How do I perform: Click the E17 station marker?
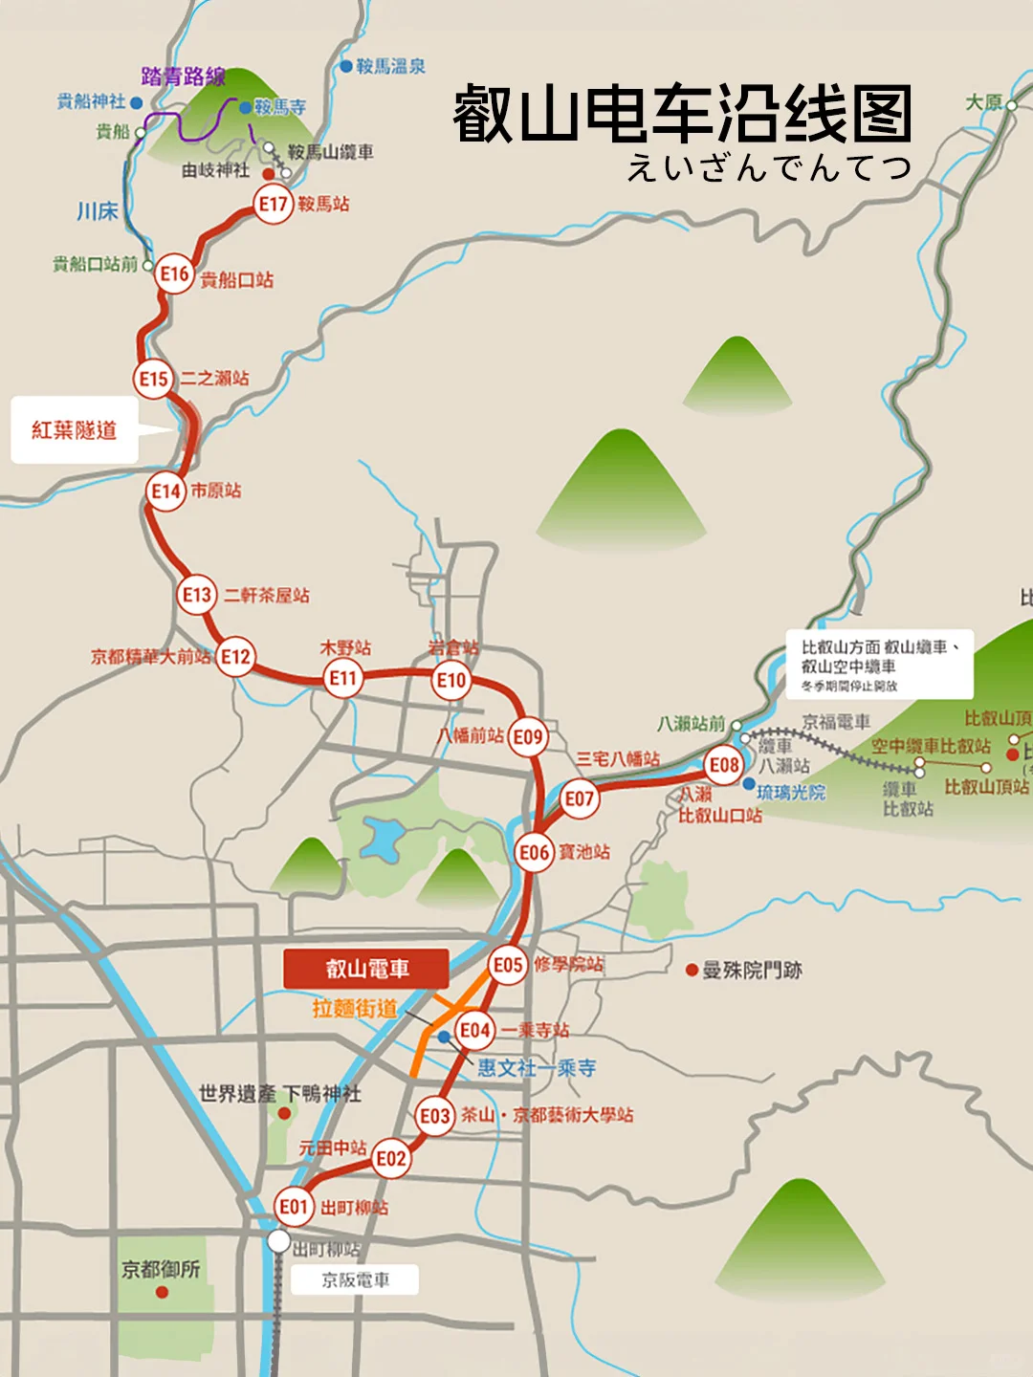coord(273,204)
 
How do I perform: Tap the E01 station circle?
coord(293,1207)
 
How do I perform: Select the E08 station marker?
coord(724,765)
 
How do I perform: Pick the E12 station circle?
coord(235,657)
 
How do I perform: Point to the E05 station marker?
coord(508,965)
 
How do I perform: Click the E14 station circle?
coord(166,492)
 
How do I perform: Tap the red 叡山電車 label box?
coord(366,969)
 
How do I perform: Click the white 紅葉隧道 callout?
coord(75,430)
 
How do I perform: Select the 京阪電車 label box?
coord(355,1280)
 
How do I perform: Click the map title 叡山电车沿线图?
coord(682,114)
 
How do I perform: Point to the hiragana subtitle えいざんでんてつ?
coord(768,168)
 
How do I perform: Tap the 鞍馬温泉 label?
coord(390,66)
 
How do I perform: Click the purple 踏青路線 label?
coord(183,76)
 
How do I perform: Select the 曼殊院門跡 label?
coord(752,971)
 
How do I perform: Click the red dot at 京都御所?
coord(162,1292)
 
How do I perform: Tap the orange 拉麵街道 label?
coord(354,1008)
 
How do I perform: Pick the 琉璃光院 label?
coord(790,792)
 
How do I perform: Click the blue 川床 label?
coord(97,210)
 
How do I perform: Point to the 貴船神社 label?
coord(91,101)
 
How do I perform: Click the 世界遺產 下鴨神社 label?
coord(279,1093)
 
